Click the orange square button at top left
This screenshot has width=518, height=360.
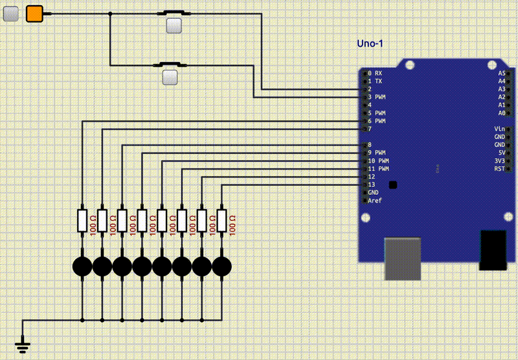(x=34, y=14)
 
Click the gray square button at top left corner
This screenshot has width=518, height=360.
(x=11, y=14)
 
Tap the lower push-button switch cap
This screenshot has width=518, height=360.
(x=170, y=78)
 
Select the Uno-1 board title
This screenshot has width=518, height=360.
(x=370, y=44)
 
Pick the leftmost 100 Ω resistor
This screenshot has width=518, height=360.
(x=82, y=221)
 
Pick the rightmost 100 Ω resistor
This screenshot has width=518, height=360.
(x=222, y=221)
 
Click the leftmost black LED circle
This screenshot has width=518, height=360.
(x=82, y=265)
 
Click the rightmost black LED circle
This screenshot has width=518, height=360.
(x=222, y=265)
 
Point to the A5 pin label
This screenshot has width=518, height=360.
(x=501, y=73)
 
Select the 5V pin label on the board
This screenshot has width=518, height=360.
(x=501, y=153)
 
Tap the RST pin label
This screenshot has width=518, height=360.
(x=499, y=168)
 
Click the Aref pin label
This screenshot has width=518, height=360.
(x=375, y=201)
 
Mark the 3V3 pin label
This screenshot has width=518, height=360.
(x=499, y=161)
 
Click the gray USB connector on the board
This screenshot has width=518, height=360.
(x=403, y=259)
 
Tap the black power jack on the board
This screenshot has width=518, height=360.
(x=493, y=250)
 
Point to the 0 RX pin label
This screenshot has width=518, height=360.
(x=375, y=73)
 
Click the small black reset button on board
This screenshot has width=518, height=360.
(x=393, y=185)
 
